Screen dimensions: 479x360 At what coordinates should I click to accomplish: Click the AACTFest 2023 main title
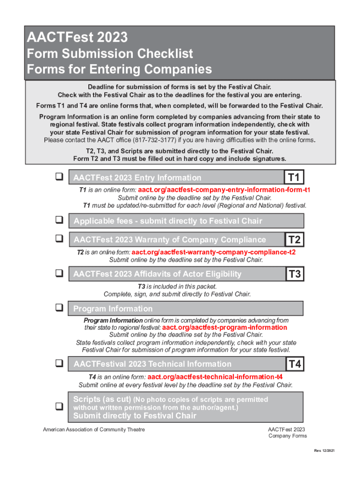77,37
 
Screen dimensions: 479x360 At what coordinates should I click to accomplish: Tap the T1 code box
295,177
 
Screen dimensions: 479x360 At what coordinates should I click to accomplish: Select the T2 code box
295,240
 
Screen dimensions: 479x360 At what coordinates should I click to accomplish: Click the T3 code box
295,274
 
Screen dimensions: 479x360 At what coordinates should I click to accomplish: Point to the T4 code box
295,364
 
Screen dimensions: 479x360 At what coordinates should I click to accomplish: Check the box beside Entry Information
59,177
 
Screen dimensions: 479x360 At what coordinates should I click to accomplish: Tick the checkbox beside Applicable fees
59,219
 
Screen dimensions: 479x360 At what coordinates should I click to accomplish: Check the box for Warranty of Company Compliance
59,239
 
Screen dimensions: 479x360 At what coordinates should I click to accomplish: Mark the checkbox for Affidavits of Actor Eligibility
59,273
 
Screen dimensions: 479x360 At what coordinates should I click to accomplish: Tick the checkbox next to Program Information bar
59,308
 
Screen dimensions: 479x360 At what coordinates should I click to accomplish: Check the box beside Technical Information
59,363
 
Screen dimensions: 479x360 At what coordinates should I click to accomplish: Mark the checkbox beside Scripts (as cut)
59,407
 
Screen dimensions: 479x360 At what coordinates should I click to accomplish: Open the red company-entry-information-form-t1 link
224,190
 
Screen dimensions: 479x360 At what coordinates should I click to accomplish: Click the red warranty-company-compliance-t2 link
214,252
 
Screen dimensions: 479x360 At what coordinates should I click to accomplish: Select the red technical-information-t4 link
215,377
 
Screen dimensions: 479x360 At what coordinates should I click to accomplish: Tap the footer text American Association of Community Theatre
94,429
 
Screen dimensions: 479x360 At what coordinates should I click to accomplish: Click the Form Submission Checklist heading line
110,54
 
